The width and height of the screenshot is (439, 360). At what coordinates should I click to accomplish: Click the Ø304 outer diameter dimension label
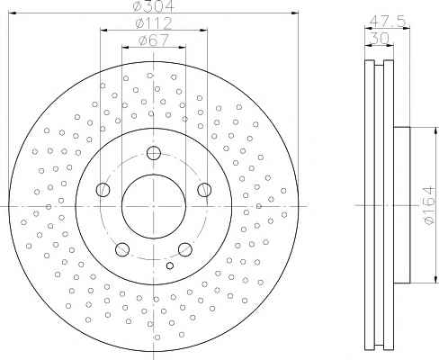coord(154,6)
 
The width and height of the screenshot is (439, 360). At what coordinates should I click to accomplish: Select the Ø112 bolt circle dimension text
coord(154,23)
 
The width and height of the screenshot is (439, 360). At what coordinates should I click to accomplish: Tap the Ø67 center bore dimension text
coord(154,40)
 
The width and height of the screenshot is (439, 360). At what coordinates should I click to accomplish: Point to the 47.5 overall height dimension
coord(388,21)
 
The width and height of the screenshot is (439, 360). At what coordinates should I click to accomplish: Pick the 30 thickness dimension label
coord(380,39)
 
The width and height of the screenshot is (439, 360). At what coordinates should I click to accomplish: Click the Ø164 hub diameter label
coord(429,205)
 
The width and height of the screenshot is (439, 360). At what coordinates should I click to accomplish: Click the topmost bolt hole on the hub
coord(154,153)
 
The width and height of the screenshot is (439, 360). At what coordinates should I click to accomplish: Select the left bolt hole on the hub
coord(103,190)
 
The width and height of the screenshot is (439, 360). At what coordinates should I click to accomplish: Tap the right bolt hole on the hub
coord(204,190)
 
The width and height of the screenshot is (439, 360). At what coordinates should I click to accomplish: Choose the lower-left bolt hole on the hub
coord(122,249)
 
